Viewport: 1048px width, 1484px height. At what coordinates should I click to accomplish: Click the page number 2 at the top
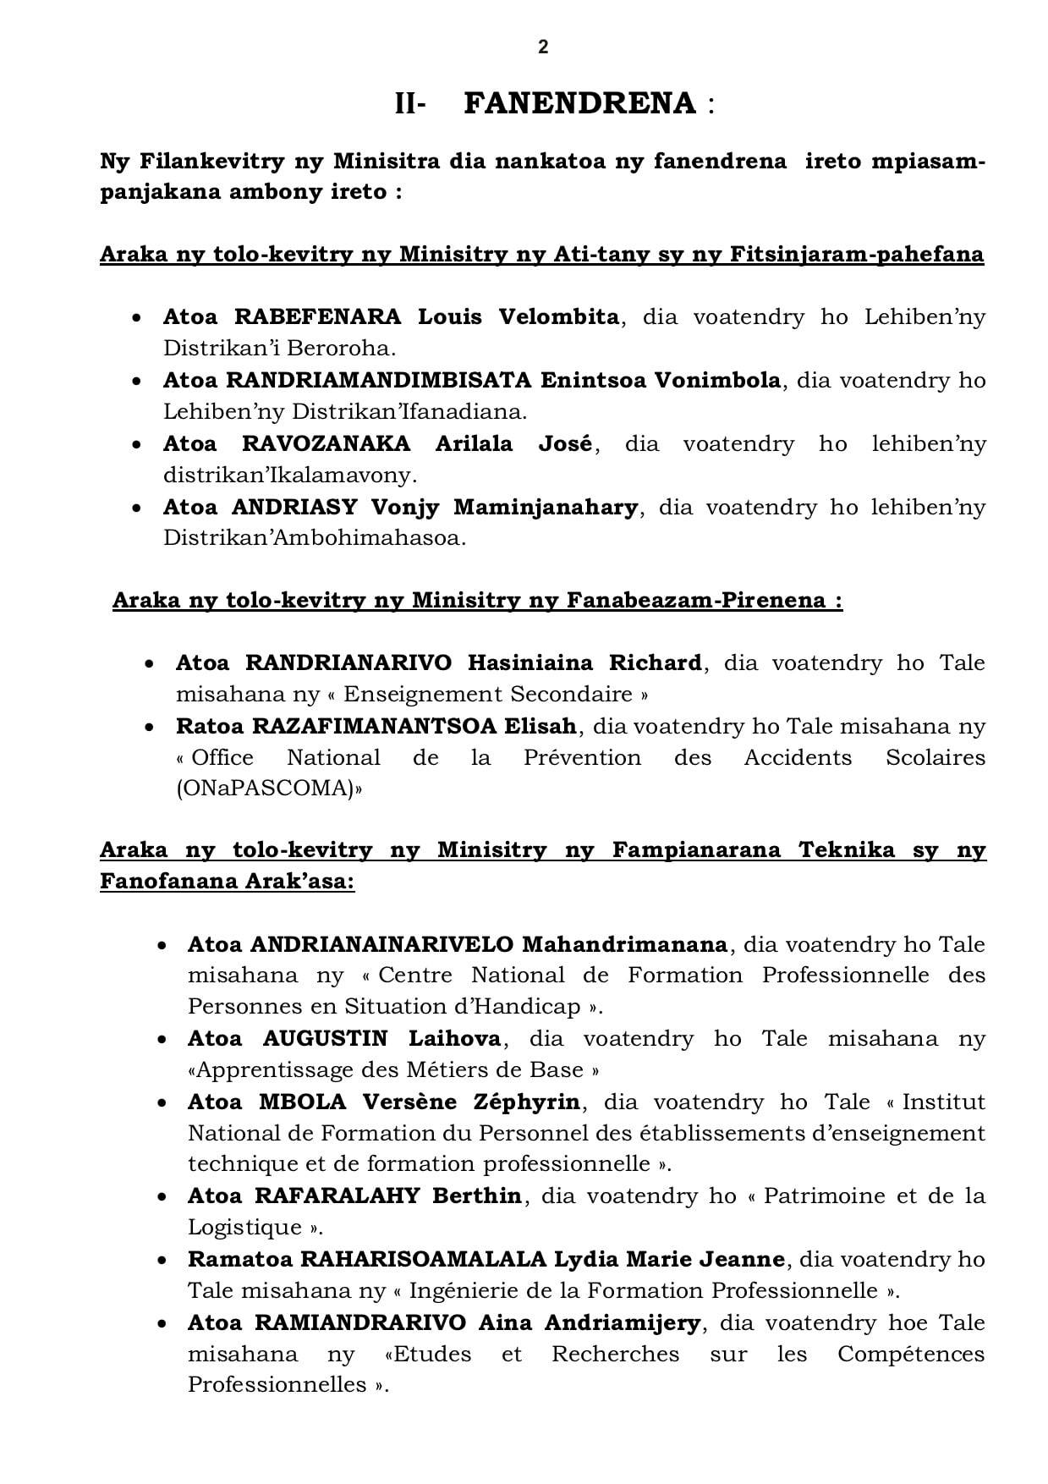click(543, 47)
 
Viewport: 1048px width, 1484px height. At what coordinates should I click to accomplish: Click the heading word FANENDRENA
click(580, 104)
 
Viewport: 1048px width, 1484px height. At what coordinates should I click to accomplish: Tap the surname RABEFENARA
click(317, 317)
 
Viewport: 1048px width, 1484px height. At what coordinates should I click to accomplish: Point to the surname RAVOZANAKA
click(326, 444)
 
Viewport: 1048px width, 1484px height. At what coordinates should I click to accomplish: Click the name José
click(565, 444)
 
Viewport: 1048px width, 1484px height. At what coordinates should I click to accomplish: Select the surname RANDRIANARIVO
click(348, 662)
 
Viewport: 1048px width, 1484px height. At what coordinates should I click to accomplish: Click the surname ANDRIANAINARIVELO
click(381, 944)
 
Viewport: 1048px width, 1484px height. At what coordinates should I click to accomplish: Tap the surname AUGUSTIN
click(325, 1038)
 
